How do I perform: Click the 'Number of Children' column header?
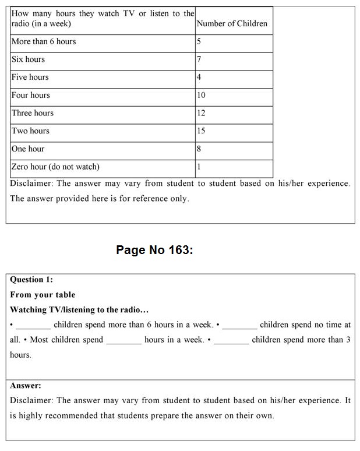click(232, 24)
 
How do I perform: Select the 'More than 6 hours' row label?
click(44, 41)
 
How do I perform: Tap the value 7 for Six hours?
click(199, 59)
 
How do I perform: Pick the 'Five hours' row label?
click(30, 77)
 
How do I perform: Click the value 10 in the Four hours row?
click(201, 95)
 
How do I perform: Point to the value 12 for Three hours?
click(201, 113)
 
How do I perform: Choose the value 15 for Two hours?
click(201, 131)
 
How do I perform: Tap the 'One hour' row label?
click(28, 149)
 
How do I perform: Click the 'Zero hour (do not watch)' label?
click(55, 167)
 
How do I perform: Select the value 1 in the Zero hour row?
click(199, 167)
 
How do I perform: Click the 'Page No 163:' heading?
click(154, 250)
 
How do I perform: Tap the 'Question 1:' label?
click(31, 280)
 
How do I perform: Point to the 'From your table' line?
click(43, 295)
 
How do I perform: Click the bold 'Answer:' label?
click(26, 386)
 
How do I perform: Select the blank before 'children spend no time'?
click(239, 326)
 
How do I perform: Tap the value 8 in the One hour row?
click(199, 149)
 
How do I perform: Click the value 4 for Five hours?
click(199, 77)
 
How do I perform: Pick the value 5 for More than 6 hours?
click(199, 41)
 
